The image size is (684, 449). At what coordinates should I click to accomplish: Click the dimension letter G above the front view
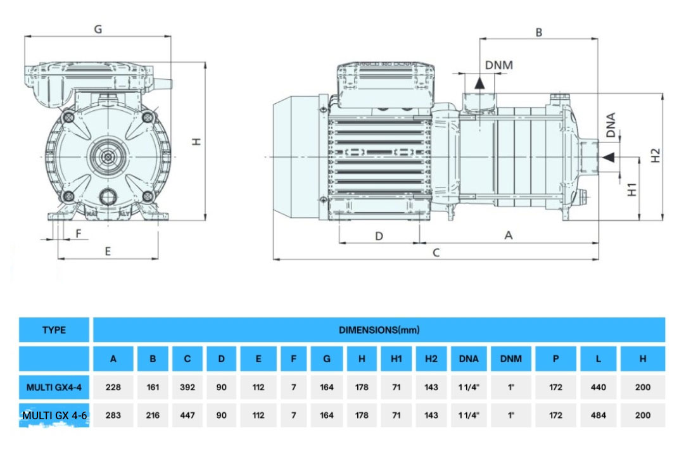tap(98, 29)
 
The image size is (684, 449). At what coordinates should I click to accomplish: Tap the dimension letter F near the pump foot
tap(79, 233)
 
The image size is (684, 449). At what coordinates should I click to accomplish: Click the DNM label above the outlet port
tap(498, 65)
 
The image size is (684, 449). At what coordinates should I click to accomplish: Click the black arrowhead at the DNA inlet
tap(608, 156)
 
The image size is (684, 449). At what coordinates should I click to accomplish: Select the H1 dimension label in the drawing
tap(632, 188)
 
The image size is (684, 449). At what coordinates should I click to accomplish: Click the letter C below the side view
tap(436, 252)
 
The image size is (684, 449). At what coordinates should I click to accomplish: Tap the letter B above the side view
tap(539, 31)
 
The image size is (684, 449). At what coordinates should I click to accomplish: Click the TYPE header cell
tap(54, 330)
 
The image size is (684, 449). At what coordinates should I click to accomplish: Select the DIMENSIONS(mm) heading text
tap(379, 330)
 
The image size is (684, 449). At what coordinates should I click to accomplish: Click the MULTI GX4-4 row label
tap(54, 387)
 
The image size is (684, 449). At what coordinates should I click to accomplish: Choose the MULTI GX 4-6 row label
tap(54, 415)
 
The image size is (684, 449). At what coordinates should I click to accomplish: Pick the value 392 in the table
tap(187, 387)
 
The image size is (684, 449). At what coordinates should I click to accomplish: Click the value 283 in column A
tap(113, 415)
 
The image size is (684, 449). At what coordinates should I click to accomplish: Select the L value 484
tap(598, 415)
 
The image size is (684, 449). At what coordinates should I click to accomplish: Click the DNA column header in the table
tap(469, 358)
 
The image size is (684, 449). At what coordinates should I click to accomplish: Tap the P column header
tap(555, 358)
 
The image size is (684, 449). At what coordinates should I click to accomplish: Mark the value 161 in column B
tap(153, 387)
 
